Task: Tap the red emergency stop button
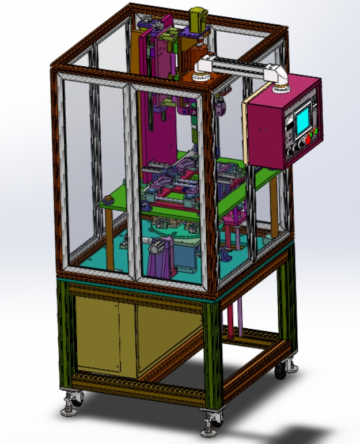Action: (x=308, y=138)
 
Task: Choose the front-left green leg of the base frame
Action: (x=65, y=334)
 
